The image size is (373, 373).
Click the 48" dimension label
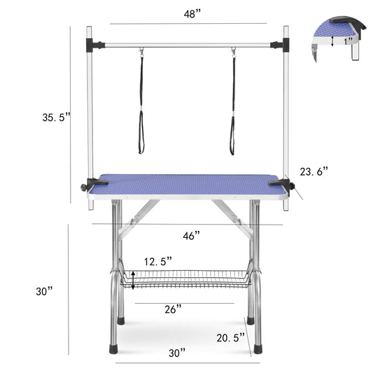click(190, 14)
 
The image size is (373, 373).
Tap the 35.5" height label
click(55, 118)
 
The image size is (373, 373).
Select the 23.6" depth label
click(314, 170)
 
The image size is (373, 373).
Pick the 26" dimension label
click(174, 308)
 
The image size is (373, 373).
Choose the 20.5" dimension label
click(230, 337)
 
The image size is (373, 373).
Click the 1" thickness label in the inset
click(348, 41)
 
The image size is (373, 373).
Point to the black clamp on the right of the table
click(288, 185)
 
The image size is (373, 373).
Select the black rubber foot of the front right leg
click(258, 346)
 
